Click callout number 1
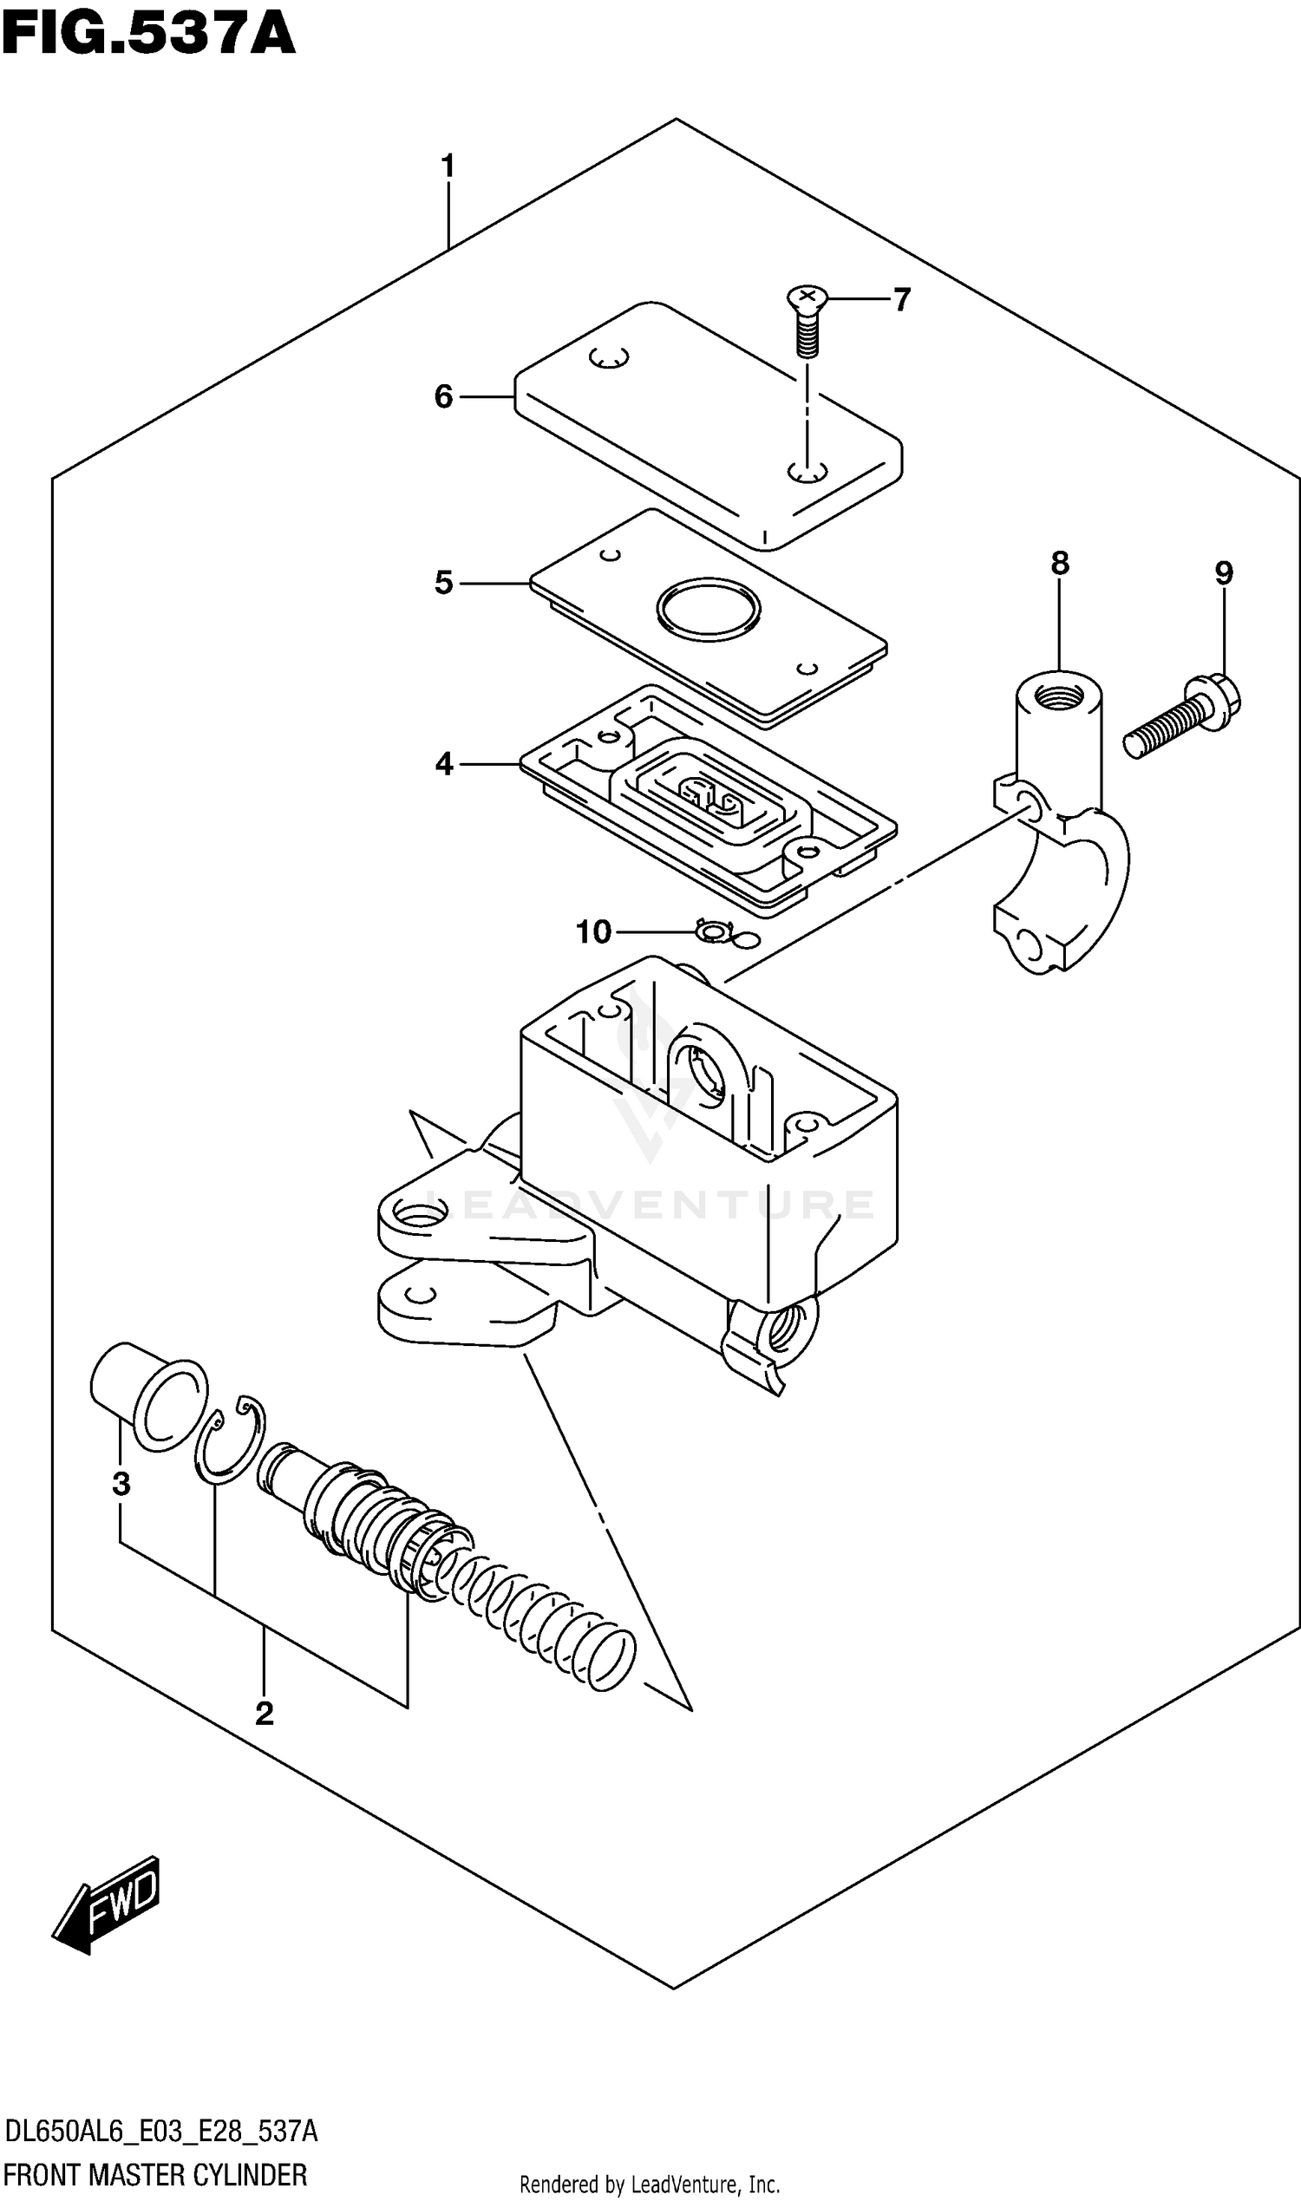pos(448,166)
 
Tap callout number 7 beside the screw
pos(902,300)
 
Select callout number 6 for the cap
pos(443,397)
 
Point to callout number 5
pos(443,583)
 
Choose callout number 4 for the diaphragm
pos(443,764)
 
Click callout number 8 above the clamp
pos(1060,563)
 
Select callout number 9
pos(1224,574)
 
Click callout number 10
pos(592,931)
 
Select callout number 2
pos(264,1714)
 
